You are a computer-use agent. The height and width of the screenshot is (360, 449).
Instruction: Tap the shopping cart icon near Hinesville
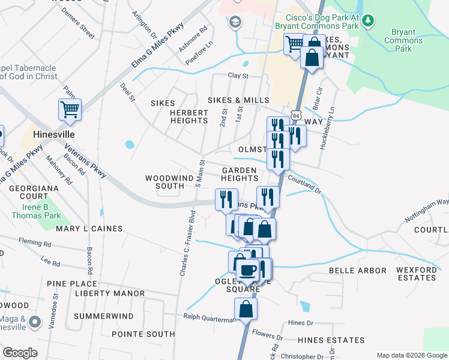pos(70,110)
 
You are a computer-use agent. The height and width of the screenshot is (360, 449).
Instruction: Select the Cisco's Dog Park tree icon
pos(368,22)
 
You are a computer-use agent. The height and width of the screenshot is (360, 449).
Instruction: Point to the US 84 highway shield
pos(294,114)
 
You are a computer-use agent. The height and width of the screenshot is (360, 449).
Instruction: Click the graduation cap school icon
pos(235,22)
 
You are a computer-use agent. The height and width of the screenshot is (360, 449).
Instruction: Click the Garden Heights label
pos(239,174)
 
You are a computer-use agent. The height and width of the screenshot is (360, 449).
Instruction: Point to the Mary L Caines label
pos(89,229)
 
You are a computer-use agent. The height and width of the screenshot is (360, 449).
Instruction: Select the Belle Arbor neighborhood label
pos(357,271)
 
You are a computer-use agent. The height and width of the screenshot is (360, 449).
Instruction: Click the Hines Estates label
pos(327,340)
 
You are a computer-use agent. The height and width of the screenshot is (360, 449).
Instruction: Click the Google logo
pos(20,353)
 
